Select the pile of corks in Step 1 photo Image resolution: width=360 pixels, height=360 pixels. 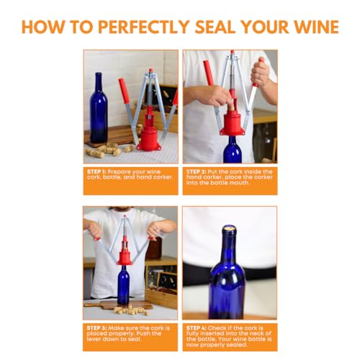pyautogui.click(x=104, y=150)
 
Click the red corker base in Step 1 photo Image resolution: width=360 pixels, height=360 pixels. pyautogui.click(x=149, y=138)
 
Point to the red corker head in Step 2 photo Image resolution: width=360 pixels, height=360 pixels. pyautogui.click(x=232, y=123)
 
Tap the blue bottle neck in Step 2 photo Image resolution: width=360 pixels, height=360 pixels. pyautogui.click(x=232, y=151)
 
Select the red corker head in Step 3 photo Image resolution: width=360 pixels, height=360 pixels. pyautogui.click(x=125, y=256)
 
